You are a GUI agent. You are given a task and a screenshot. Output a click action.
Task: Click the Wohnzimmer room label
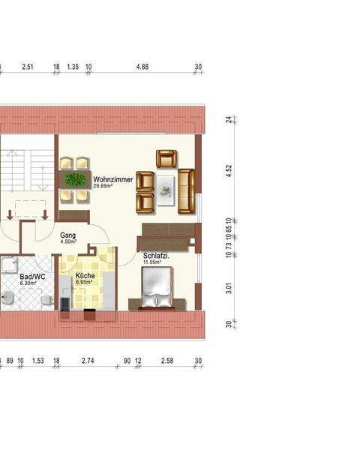113,180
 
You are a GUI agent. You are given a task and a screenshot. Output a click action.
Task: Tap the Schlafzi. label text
156,256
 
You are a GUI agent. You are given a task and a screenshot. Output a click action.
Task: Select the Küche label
85,277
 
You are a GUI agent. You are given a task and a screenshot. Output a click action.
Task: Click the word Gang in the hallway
67,235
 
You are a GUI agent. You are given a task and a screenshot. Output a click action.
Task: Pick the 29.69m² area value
103,187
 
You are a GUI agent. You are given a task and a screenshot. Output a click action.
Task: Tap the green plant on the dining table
74,180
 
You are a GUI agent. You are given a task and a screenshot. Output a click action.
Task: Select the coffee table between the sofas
165,190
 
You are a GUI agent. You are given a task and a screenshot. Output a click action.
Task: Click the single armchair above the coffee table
166,159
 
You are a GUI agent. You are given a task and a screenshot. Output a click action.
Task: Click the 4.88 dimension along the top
142,67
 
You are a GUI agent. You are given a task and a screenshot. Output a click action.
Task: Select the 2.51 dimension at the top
28,67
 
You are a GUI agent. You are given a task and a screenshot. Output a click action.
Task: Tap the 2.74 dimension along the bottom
88,361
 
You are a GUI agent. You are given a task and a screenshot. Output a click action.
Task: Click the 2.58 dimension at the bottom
167,361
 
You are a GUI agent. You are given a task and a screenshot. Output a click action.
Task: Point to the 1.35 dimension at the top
73,67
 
